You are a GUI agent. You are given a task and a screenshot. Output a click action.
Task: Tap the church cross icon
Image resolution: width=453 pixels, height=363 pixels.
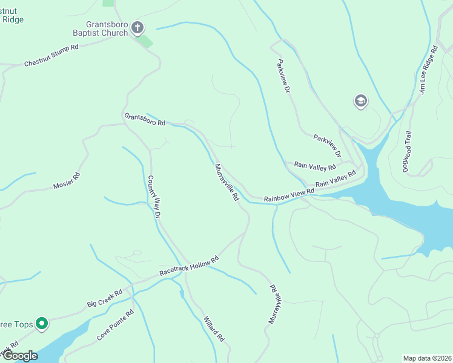click(x=137, y=27)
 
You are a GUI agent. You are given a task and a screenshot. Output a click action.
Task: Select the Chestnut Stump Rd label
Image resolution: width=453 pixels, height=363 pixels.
click(x=51, y=55)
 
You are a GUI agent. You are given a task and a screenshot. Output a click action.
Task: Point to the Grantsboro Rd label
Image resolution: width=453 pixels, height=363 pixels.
click(x=145, y=119)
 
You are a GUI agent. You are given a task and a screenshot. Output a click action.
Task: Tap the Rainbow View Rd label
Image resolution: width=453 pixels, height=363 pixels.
click(x=289, y=195)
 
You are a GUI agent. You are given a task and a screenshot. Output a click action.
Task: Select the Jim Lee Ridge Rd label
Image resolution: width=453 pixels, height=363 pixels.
click(x=428, y=70)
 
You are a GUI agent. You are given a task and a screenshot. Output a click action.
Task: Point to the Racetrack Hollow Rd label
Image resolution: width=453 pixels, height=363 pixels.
click(x=188, y=266)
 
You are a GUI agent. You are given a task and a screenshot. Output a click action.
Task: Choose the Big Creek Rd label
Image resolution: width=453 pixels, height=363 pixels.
click(x=105, y=297)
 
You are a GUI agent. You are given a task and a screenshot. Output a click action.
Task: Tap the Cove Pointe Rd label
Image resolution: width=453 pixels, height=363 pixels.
click(x=114, y=325)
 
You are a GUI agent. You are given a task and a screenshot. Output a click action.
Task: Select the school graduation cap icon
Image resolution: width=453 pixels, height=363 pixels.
click(x=360, y=101)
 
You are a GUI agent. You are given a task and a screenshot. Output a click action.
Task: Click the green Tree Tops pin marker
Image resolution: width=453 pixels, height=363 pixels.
click(x=42, y=324)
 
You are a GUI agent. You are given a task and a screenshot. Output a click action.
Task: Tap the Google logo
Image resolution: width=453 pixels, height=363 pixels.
click(x=19, y=356)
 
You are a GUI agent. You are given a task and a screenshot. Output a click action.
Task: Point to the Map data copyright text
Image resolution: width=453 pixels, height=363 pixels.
click(x=426, y=358)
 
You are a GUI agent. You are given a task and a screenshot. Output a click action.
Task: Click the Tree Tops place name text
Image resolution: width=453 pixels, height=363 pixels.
click(x=16, y=325)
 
